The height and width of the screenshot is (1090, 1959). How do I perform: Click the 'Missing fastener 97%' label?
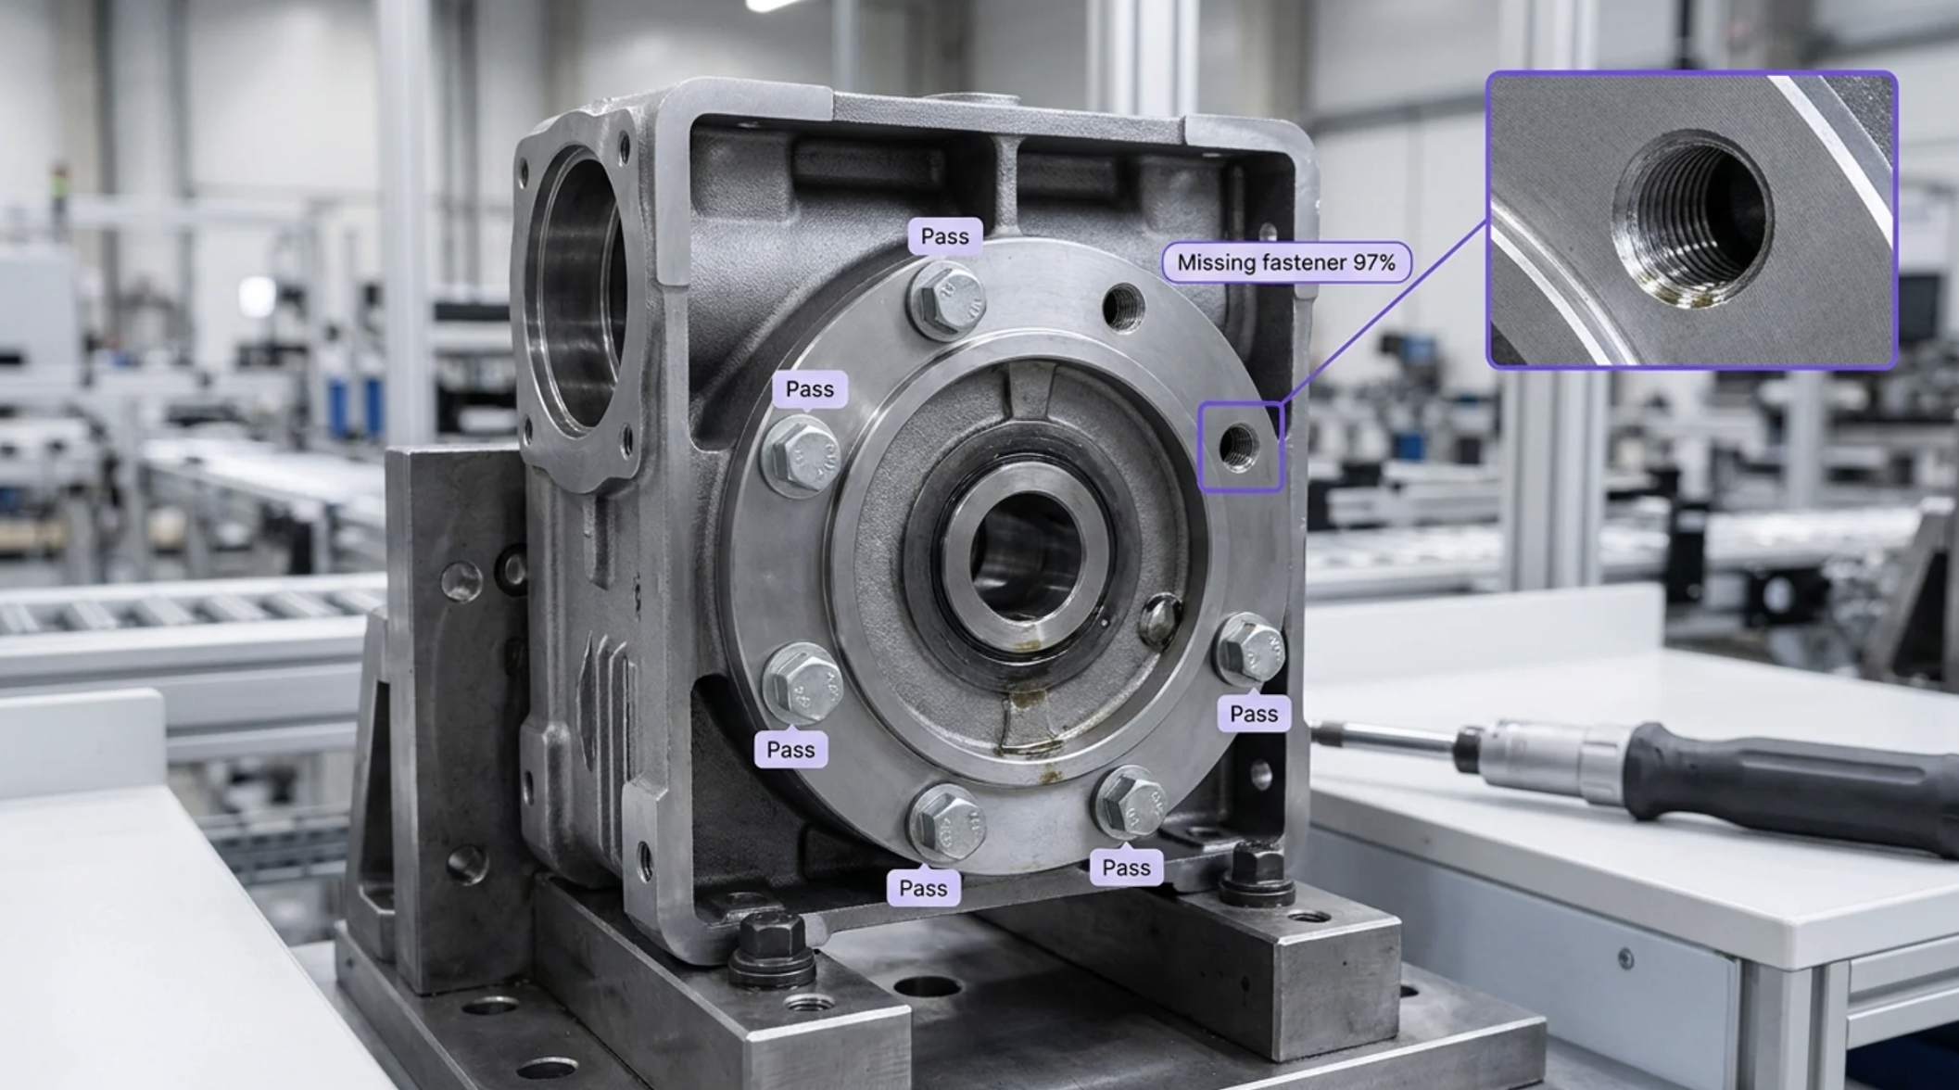1286,262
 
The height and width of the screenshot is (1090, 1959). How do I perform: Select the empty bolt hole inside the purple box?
1238,448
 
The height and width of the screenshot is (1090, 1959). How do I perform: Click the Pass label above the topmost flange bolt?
944,236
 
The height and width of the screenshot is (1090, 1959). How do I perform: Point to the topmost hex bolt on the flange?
946,301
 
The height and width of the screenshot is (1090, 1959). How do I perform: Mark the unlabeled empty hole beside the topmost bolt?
1124,308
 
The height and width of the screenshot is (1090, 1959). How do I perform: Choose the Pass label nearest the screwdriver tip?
1253,714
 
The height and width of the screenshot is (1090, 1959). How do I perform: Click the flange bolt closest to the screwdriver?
1249,649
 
